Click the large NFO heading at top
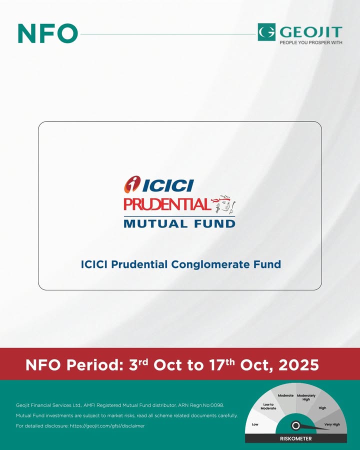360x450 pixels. pos(47,33)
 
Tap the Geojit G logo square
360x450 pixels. pos(266,32)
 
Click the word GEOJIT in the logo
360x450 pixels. pos(311,32)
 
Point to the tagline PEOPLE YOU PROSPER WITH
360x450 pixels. pos(311,42)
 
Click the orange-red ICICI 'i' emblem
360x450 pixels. pos(132,184)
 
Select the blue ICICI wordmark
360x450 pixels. pos(168,185)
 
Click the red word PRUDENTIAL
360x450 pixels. pos(167,204)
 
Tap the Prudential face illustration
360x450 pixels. pos(224,204)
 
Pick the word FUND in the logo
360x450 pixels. pos(214,223)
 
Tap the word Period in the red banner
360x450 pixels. pos(94,365)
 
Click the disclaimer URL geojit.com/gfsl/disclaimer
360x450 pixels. pos(107,426)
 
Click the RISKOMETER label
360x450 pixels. pos(295,438)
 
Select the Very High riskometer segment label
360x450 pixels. pos(332,424)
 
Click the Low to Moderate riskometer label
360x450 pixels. pos(268,406)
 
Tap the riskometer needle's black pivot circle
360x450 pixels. pos(295,425)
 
